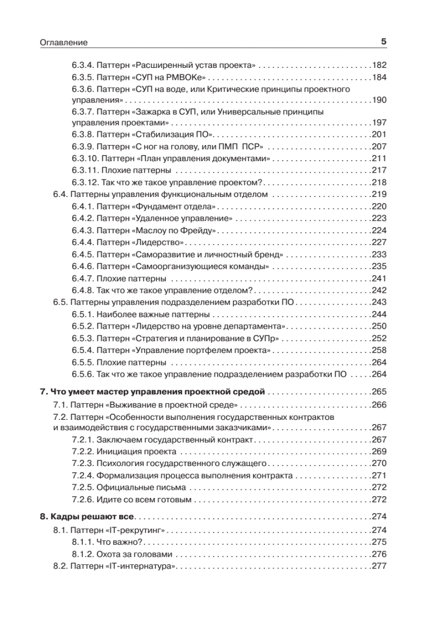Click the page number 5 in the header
tap(384, 41)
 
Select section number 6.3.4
tap(82, 66)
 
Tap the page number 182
tap(379, 66)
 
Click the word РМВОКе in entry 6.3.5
tap(186, 77)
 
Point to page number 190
tap(379, 100)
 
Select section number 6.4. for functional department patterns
tap(61, 194)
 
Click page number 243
tap(379, 302)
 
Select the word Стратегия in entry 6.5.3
tap(155, 338)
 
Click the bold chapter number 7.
tap(44, 391)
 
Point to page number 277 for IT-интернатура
tap(379, 566)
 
